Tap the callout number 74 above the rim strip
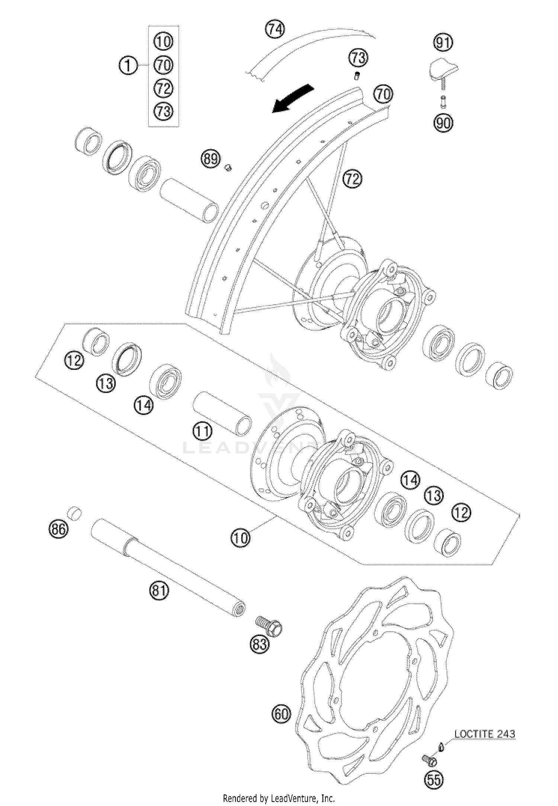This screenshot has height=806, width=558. tap(275, 29)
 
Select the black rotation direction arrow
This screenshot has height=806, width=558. tap(292, 98)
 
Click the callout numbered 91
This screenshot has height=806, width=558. tap(443, 43)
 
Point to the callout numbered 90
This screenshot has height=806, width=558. tap(443, 122)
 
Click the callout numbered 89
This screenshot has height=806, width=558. tap(211, 159)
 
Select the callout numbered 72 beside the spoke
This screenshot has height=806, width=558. tap(352, 179)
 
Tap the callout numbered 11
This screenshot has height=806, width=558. tap(202, 431)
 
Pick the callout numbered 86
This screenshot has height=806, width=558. tap(59, 529)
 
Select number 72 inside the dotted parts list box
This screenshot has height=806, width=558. tap(164, 88)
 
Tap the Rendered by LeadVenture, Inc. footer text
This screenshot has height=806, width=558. tap(279, 798)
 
